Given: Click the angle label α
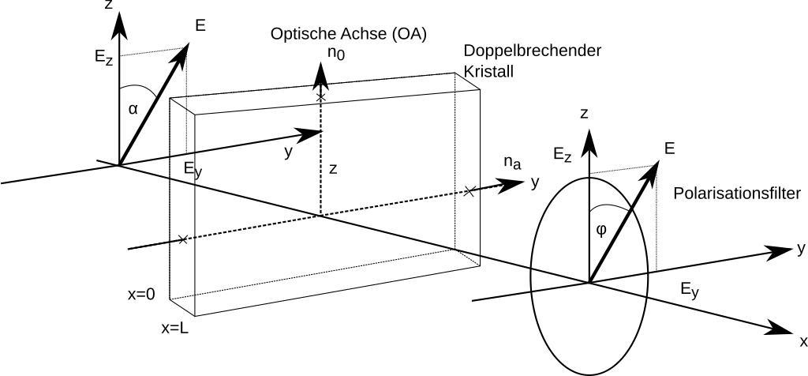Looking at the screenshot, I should (133, 109).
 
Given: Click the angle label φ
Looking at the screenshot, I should (601, 229).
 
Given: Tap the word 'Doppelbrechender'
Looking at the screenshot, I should (533, 51).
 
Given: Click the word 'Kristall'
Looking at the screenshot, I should (489, 70).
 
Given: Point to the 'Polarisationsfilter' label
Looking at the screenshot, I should (737, 194).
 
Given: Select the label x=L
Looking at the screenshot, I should (174, 328).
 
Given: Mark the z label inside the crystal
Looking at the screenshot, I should (334, 168).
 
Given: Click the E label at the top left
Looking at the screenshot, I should (200, 26).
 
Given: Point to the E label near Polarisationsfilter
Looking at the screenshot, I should (670, 149).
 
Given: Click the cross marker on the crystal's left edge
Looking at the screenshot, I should (183, 239).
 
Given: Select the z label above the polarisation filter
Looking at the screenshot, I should (585, 114).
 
